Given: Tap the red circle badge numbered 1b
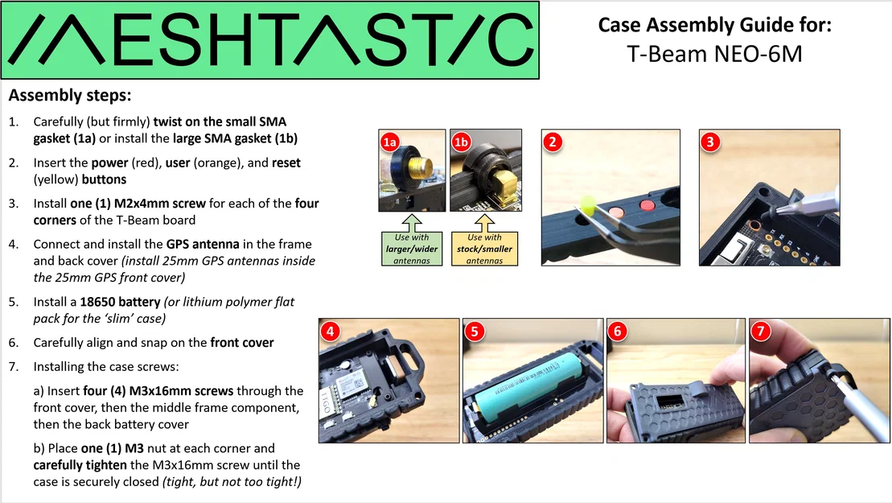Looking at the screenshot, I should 462,143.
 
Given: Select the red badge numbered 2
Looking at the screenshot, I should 553,142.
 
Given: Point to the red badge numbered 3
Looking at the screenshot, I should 709,142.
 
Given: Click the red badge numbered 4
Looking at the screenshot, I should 331,332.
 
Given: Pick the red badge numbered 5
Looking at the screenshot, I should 475,332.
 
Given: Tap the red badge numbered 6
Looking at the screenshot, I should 618,332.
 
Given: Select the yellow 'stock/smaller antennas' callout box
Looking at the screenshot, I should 484,249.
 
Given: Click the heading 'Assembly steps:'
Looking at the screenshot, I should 69,96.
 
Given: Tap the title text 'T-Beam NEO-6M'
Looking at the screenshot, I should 714,54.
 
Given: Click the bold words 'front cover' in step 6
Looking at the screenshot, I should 242,342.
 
